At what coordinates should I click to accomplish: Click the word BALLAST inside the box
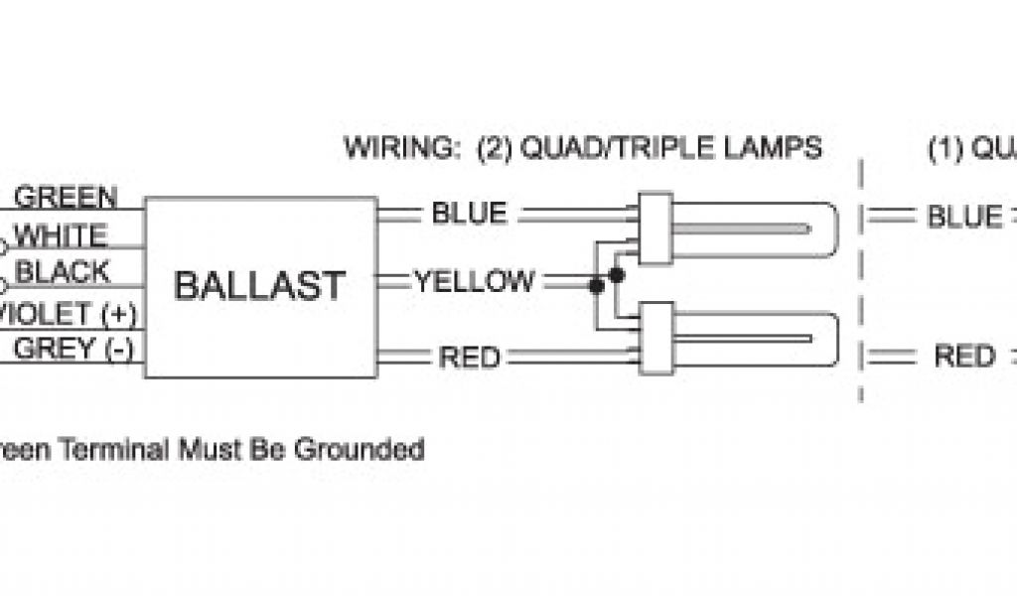(x=260, y=285)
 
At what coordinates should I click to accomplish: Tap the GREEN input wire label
(x=66, y=197)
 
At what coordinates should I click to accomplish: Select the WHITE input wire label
(x=62, y=235)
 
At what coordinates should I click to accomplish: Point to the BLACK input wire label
(x=64, y=271)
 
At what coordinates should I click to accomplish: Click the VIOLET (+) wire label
(x=66, y=314)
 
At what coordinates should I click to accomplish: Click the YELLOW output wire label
(x=475, y=281)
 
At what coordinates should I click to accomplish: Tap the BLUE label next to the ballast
(x=469, y=213)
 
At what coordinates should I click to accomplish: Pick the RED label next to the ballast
(x=469, y=357)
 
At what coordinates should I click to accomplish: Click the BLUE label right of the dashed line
(x=964, y=216)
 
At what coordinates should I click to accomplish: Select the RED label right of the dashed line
(x=964, y=356)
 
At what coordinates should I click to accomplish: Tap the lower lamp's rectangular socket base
(x=654, y=338)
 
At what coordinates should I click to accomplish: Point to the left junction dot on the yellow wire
(x=596, y=286)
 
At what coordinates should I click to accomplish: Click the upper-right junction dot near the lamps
(x=617, y=272)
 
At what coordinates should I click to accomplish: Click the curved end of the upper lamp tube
(x=827, y=228)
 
